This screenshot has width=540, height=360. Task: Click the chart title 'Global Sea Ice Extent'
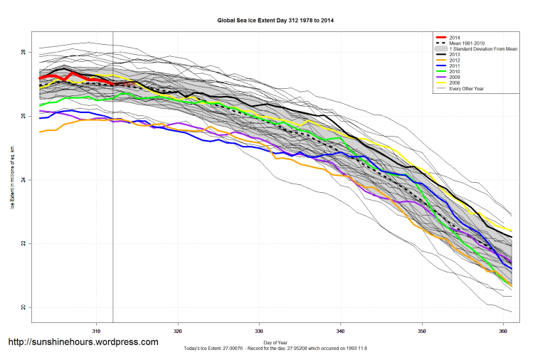coord(275,21)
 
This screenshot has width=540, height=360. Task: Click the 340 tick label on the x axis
coord(341,331)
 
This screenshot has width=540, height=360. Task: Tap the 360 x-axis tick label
coord(504,331)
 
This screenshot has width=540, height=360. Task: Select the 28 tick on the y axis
coord(23,53)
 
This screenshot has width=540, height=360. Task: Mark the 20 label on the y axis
coord(23,307)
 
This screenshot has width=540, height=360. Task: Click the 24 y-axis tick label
coord(23,180)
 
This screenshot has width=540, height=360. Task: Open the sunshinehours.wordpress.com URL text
coord(83,342)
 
